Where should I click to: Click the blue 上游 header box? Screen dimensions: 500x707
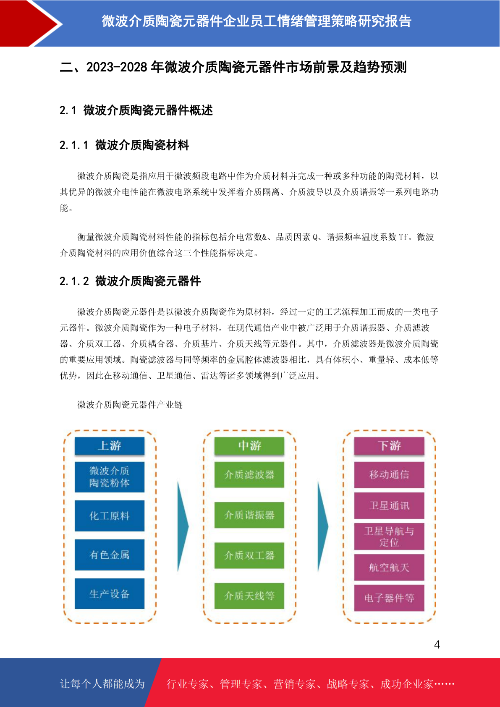[x=110, y=445]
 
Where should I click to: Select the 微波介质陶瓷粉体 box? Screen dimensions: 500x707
[x=110, y=477]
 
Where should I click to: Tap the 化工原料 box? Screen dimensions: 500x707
[x=110, y=516]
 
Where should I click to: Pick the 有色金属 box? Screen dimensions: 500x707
[x=110, y=555]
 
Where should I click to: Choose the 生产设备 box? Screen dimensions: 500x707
[x=110, y=593]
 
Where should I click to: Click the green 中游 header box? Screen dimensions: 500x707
[x=249, y=445]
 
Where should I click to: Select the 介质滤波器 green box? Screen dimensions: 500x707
[x=249, y=474]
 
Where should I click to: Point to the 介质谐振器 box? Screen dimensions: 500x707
[x=249, y=515]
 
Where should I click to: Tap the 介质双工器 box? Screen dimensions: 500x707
[x=249, y=555]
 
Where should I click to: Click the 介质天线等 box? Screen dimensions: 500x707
[x=249, y=596]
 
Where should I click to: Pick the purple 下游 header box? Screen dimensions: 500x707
[x=389, y=445]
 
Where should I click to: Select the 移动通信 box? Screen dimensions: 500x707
[x=389, y=474]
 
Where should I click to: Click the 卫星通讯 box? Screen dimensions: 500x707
[x=389, y=505]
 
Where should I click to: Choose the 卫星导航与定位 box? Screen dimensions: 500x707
[x=389, y=536]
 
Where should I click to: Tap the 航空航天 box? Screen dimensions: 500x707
[x=389, y=567]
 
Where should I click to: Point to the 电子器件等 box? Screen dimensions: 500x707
[x=389, y=598]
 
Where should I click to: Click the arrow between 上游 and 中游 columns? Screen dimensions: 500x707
[x=183, y=526]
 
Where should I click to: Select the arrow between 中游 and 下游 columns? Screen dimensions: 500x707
[x=322, y=526]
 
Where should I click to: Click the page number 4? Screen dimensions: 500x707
[x=437, y=644]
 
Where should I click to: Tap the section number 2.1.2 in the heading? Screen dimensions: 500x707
[x=74, y=281]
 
